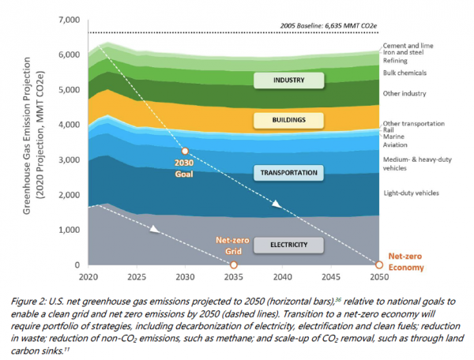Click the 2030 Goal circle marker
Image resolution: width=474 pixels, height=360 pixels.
pyautogui.click(x=185, y=151)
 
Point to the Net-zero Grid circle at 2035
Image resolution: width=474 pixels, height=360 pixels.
pyautogui.click(x=233, y=265)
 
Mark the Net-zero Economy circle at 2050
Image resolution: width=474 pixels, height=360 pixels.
pyautogui.click(x=378, y=265)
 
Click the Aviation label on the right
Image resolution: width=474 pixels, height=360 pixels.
pyautogui.click(x=397, y=145)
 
